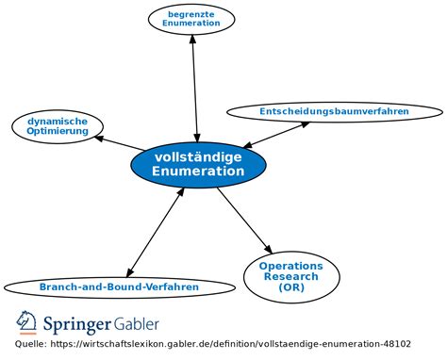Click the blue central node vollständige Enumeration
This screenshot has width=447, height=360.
(198, 164)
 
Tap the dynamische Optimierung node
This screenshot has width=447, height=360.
(57, 125)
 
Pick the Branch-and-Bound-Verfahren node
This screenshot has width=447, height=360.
(119, 286)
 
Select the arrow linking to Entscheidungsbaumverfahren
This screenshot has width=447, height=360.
(273, 134)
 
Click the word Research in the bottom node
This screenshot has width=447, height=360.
(291, 277)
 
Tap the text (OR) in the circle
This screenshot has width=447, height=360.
(291, 288)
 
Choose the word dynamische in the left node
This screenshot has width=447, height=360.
(58, 121)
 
